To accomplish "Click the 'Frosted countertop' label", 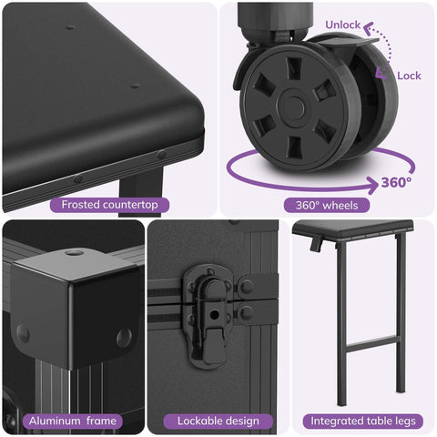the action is (x=109, y=205).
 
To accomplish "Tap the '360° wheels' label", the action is (x=327, y=206).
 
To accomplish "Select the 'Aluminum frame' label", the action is (x=73, y=422).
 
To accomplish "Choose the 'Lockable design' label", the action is (x=218, y=422).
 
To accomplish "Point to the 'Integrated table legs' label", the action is (x=363, y=422).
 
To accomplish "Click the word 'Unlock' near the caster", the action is (x=343, y=25).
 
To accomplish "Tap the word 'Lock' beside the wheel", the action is (x=409, y=76).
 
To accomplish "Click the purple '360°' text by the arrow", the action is (x=397, y=182).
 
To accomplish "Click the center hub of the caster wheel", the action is (x=291, y=107).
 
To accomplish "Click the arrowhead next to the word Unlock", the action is (x=369, y=28).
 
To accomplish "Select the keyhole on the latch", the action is (x=215, y=314).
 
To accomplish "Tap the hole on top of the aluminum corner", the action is (x=74, y=252).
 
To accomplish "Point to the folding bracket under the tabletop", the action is (x=316, y=243).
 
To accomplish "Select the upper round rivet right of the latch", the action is (x=247, y=287).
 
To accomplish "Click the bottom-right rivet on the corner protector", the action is (x=125, y=338).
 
